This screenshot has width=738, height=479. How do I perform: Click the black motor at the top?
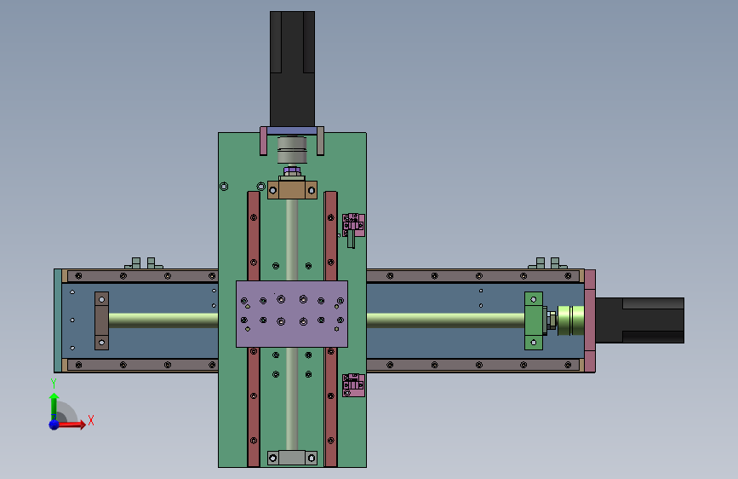pos(292,69)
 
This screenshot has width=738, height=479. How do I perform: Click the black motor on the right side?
pos(639,320)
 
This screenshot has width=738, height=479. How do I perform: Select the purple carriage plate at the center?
pos(292,314)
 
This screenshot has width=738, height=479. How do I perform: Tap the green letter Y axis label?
pos(54,384)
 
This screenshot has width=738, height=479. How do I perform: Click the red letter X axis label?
pos(91,420)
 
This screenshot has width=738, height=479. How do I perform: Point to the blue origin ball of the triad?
pos(54,424)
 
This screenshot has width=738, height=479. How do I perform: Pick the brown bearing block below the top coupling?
pos(292,189)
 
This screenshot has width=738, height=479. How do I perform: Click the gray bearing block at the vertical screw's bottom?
pos(292,458)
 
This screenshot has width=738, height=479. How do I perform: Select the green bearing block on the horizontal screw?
pos(534,320)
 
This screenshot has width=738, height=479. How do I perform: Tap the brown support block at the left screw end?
pos(101,320)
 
